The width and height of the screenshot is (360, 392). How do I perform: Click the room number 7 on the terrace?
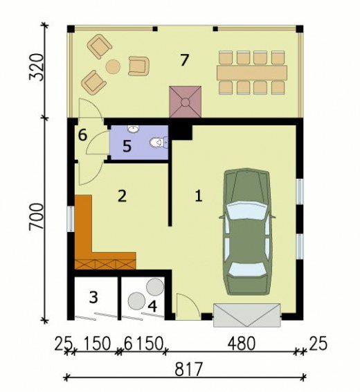click(x=184, y=60)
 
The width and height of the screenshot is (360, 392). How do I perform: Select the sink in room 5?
click(x=134, y=129)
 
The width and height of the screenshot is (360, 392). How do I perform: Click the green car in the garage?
click(x=246, y=232)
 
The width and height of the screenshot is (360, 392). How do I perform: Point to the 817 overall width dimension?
click(x=188, y=369)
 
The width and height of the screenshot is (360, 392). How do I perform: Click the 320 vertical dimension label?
click(x=37, y=66)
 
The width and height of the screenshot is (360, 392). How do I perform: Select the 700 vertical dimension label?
click(x=37, y=217)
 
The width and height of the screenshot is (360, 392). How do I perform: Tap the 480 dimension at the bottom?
click(x=242, y=344)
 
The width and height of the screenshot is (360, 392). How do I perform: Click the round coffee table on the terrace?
click(x=113, y=66)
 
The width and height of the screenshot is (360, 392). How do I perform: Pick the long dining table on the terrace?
click(x=252, y=73)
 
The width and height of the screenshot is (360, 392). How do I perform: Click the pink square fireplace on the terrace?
click(x=186, y=102)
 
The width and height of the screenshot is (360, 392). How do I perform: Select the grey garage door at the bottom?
click(x=247, y=315)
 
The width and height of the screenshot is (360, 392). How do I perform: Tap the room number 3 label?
click(x=93, y=298)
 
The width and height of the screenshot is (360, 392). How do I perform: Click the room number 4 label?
click(x=152, y=306)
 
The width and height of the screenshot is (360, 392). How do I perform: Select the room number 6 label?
click(x=82, y=135)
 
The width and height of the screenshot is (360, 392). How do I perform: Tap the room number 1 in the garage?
click(x=199, y=196)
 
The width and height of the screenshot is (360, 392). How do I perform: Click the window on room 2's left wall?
click(x=71, y=219)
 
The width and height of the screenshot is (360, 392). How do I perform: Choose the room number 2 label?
click(x=122, y=196)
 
